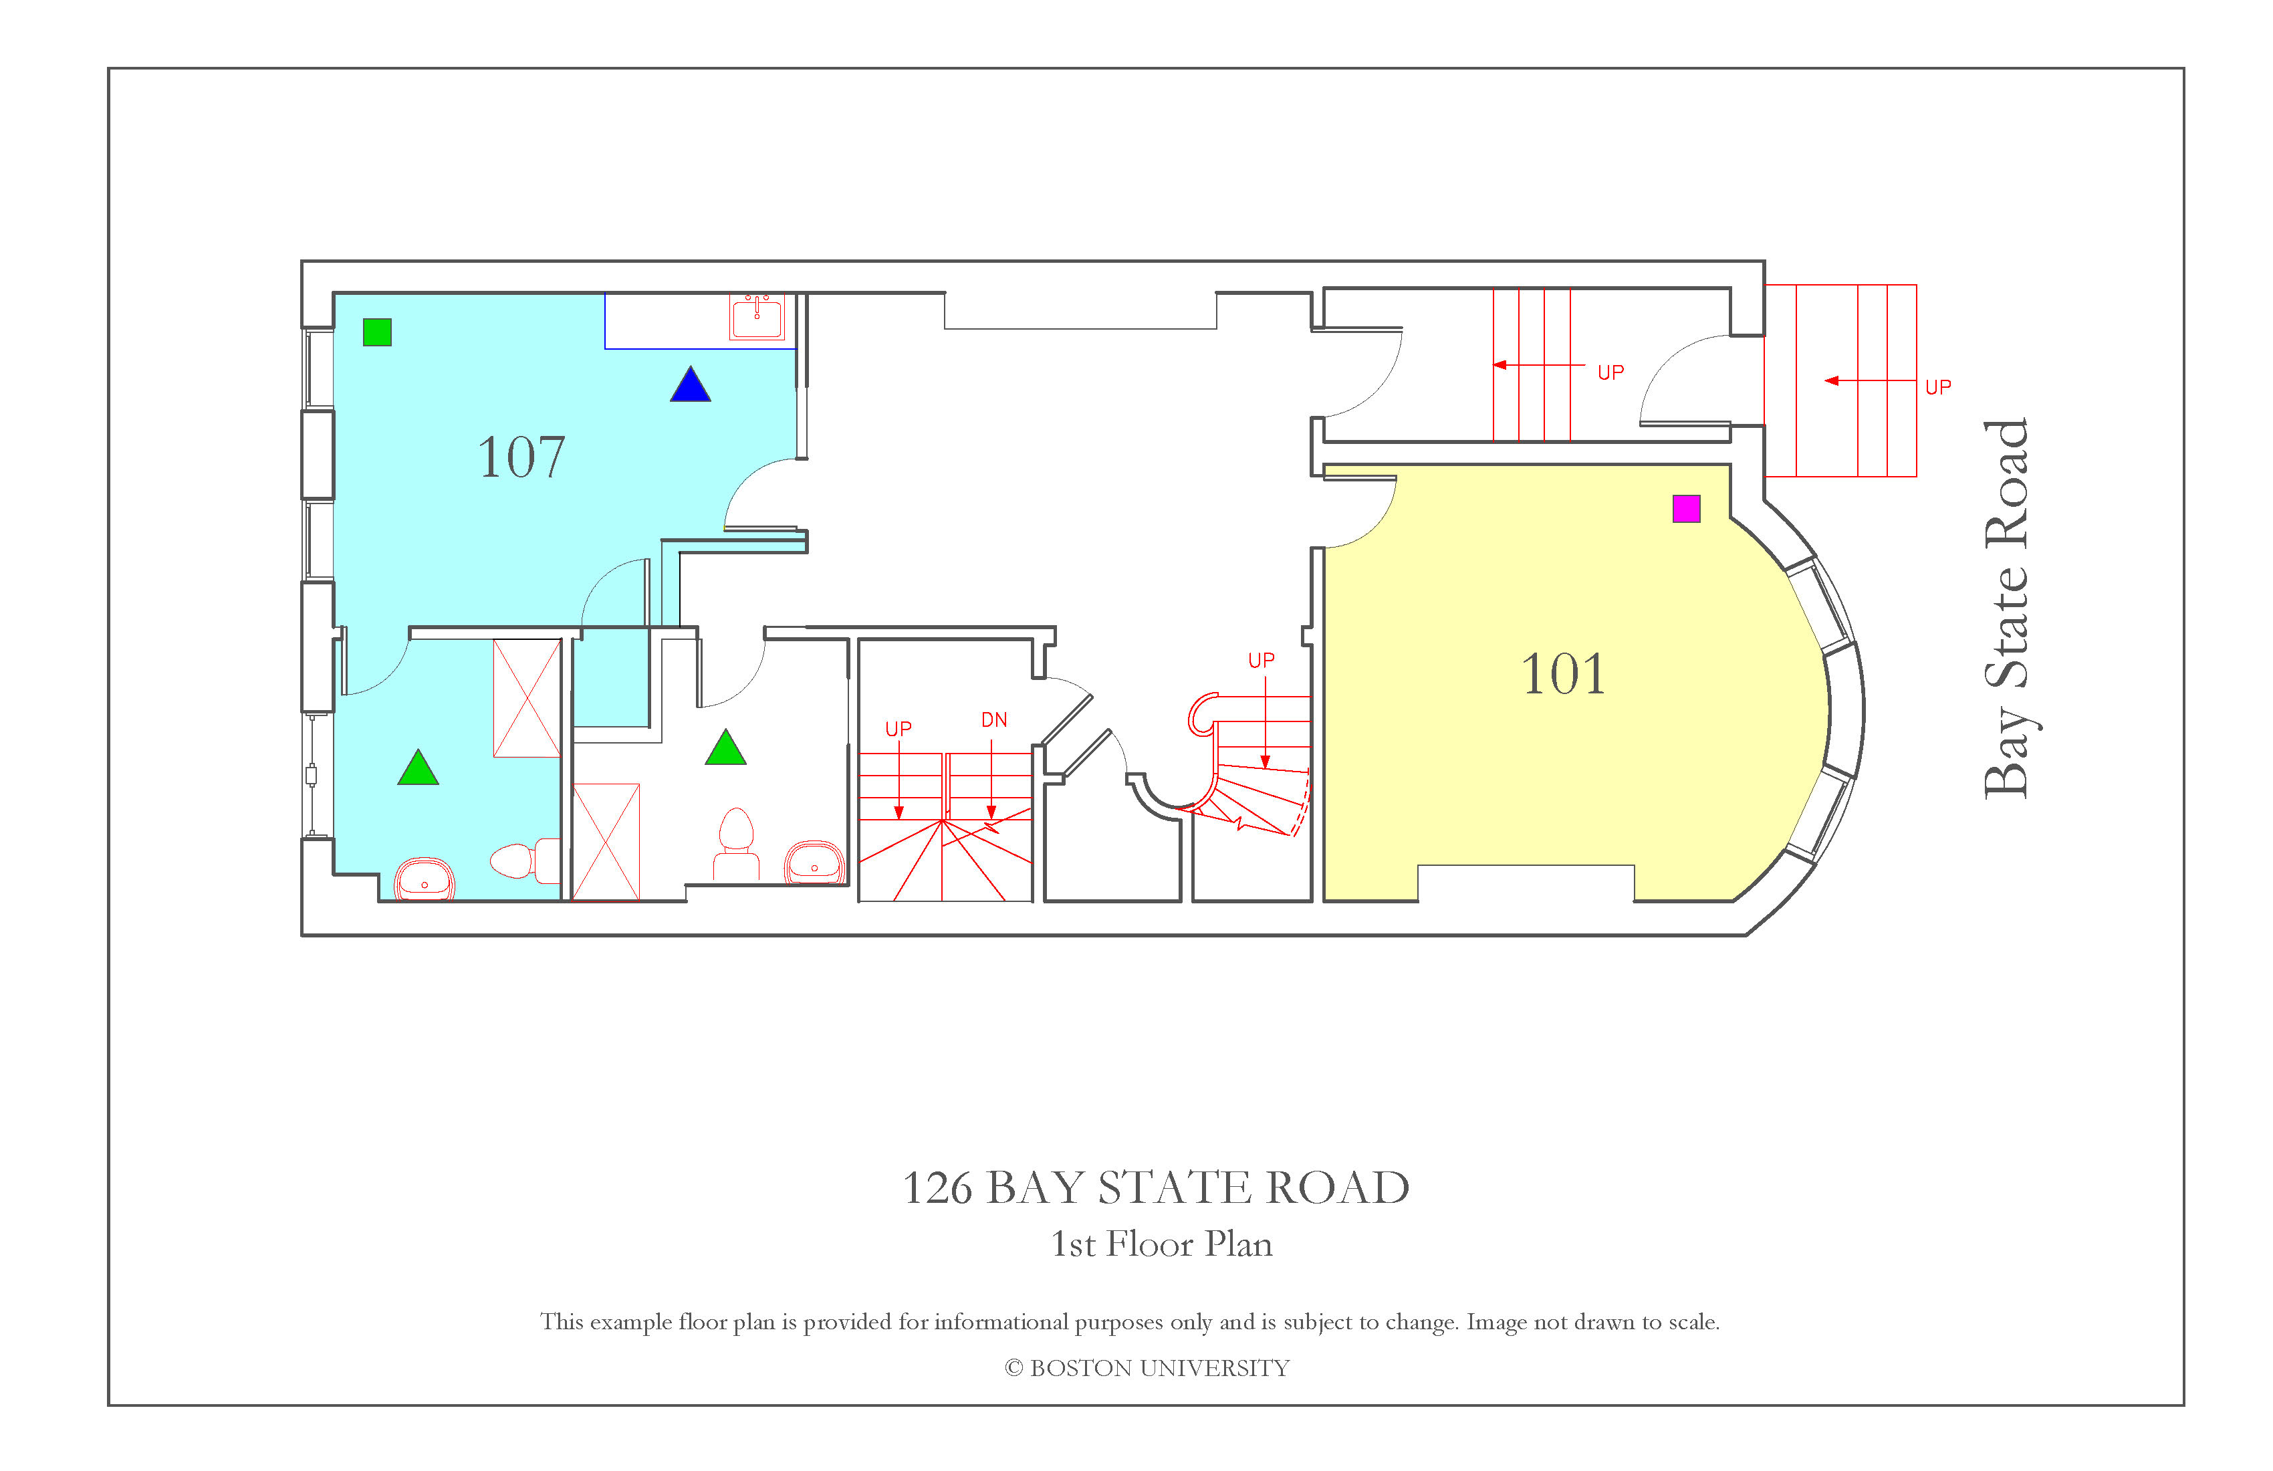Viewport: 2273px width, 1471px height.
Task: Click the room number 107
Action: tap(521, 457)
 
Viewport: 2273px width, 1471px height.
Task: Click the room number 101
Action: tap(1564, 675)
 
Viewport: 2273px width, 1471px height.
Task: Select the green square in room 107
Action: tap(377, 332)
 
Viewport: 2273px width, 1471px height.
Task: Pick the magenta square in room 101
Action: tap(1687, 509)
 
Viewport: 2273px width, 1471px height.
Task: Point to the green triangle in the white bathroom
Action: tap(726, 748)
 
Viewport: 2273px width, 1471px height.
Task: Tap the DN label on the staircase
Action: tap(994, 720)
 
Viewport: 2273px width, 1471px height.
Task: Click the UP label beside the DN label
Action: tap(899, 729)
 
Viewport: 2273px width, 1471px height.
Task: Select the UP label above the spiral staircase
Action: tap(1262, 660)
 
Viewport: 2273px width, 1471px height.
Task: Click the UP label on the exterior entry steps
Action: tap(1938, 387)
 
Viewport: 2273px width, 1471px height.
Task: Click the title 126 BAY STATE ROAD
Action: tap(1156, 1188)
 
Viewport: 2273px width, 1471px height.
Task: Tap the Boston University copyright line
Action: tap(1147, 1369)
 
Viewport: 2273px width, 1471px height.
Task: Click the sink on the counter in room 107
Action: tap(756, 316)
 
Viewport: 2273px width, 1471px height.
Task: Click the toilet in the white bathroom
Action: tap(735, 845)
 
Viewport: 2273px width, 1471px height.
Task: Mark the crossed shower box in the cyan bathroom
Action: tap(526, 698)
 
